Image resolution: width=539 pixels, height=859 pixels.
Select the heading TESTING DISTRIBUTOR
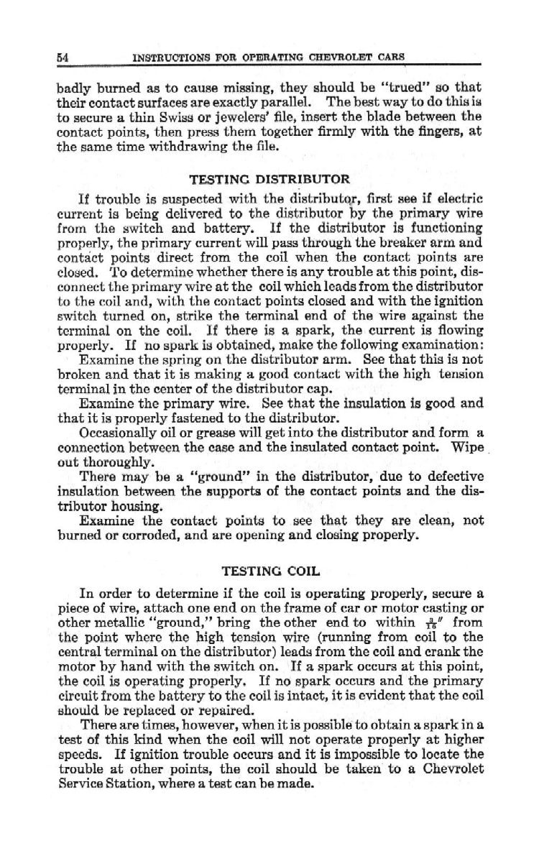click(x=269, y=178)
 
